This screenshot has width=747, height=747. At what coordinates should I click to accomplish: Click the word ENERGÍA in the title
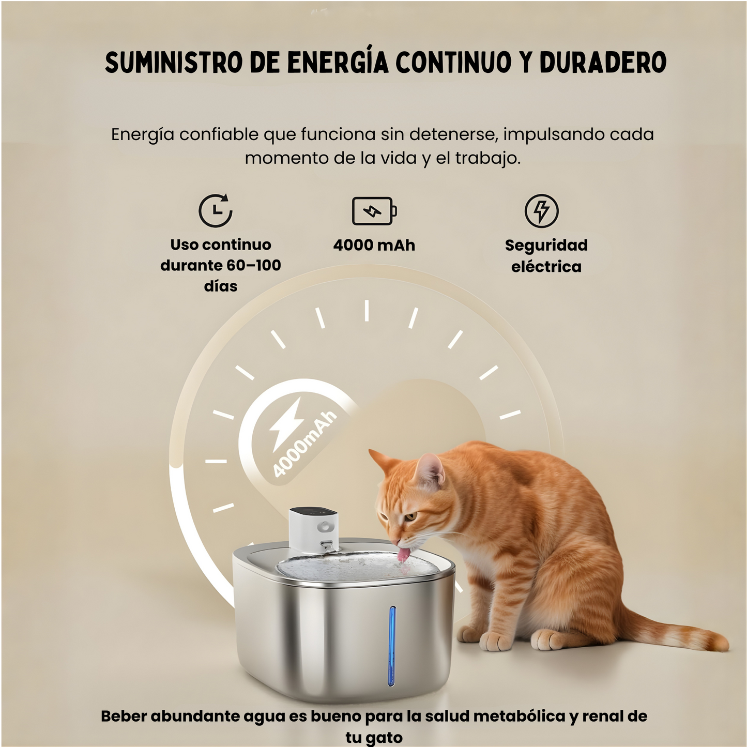pyautogui.click(x=338, y=63)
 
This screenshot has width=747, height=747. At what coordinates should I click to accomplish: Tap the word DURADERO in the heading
pyautogui.click(x=603, y=63)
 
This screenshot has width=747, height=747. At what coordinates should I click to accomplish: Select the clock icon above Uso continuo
pyautogui.click(x=216, y=210)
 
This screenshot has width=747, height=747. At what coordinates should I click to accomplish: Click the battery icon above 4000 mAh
pyautogui.click(x=374, y=211)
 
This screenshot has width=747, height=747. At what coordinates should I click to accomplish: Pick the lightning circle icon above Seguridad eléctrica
pyautogui.click(x=541, y=210)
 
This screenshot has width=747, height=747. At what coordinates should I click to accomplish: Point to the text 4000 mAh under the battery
pyautogui.click(x=374, y=245)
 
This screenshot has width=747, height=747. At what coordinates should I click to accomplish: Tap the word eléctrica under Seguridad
pyautogui.click(x=546, y=267)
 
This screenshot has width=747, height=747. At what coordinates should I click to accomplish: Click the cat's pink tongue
pyautogui.click(x=403, y=555)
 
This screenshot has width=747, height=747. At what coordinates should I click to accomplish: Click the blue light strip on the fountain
pyautogui.click(x=392, y=646)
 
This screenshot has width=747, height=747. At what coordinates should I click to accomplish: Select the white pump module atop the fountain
pyautogui.click(x=314, y=529)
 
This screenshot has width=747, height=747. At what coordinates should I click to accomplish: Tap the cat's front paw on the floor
pyautogui.click(x=495, y=641)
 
